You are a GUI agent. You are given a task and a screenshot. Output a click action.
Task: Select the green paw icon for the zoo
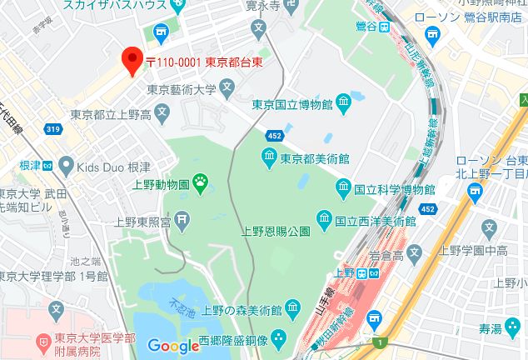(x=201, y=180)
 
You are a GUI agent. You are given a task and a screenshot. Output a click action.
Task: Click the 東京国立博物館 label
(x=292, y=104)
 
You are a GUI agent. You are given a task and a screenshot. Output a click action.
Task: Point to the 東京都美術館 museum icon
(x=269, y=157)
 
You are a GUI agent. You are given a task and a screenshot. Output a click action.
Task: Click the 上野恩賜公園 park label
(x=276, y=231)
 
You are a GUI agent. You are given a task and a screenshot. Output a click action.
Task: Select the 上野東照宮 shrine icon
(x=183, y=221)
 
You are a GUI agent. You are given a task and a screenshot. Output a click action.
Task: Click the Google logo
(x=173, y=345)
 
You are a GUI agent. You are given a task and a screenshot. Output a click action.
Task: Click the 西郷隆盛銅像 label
(x=232, y=341)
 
